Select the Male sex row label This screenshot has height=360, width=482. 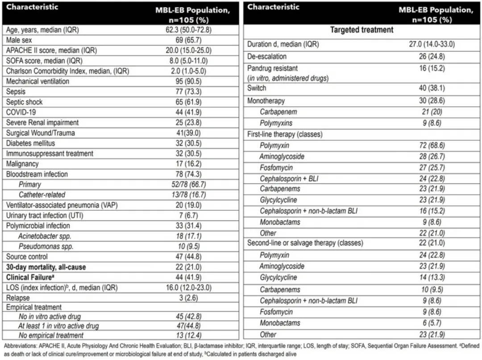pyautogui.click(x=19, y=40)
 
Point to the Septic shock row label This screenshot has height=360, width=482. pyautogui.click(x=25, y=102)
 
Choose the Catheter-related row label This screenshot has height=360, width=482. pyautogui.click(x=42, y=195)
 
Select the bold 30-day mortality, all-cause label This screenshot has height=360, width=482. pyautogui.click(x=46, y=267)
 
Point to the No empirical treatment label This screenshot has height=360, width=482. pyautogui.click(x=51, y=335)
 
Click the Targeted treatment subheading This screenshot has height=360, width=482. pyautogui.click(x=361, y=30)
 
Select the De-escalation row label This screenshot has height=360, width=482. pyautogui.click(x=267, y=57)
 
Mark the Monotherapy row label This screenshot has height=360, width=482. pyautogui.click(x=266, y=101)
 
